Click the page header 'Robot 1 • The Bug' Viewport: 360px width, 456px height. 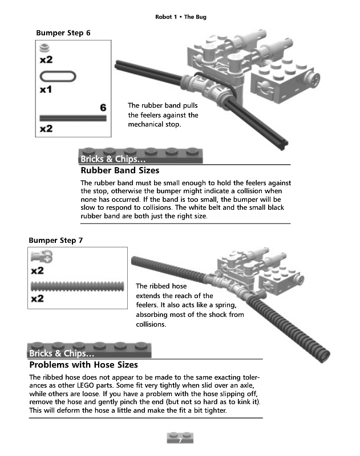180,17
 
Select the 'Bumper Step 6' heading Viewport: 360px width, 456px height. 63,33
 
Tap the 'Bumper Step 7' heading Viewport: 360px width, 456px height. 56,241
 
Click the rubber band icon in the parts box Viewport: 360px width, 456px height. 57,76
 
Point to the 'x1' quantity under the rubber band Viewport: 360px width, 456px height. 46,89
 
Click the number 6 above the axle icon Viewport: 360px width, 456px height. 103,108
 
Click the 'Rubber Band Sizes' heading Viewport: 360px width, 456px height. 120,170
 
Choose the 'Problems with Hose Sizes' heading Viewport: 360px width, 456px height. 83,365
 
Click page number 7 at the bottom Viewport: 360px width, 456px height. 180,440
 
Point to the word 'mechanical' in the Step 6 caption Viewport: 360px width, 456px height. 146,125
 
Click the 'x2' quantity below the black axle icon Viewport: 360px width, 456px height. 46,129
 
